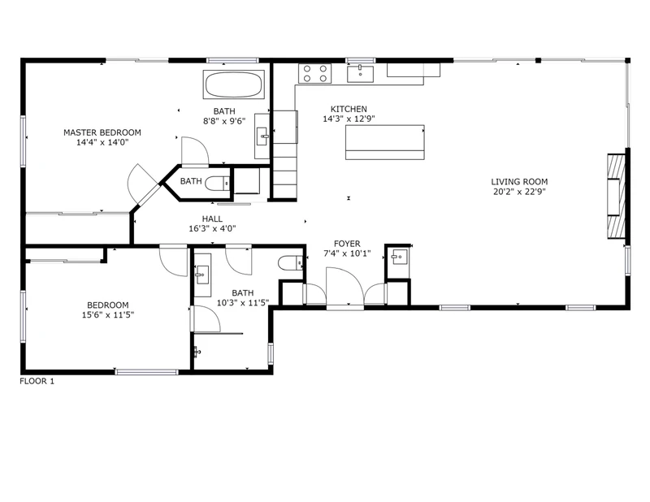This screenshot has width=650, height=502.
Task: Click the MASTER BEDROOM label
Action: tap(102, 132)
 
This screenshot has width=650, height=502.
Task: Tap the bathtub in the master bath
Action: tap(234, 84)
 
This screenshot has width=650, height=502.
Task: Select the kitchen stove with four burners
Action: tap(314, 74)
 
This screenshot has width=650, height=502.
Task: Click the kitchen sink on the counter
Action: tap(360, 74)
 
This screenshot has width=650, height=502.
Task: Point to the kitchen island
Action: tap(384, 142)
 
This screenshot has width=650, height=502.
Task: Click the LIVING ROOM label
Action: tap(519, 182)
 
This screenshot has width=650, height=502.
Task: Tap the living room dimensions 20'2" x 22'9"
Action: tap(519, 192)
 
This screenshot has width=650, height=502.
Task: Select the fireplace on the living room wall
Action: tap(617, 196)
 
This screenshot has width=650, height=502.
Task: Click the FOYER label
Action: tap(347, 244)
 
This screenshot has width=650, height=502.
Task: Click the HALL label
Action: tap(212, 219)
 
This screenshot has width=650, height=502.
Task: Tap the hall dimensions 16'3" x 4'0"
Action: tap(212, 228)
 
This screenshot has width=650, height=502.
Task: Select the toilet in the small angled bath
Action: tap(218, 183)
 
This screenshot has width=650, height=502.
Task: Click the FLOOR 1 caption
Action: tap(37, 381)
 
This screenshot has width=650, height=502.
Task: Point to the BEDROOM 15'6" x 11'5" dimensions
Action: tap(108, 315)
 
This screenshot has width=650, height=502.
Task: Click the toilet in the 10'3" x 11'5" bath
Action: tap(291, 263)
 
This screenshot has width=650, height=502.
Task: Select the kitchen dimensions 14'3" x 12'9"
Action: tap(349, 119)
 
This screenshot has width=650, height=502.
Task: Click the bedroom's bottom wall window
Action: tap(147, 372)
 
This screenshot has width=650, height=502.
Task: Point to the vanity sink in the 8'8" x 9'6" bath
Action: tap(262, 136)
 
